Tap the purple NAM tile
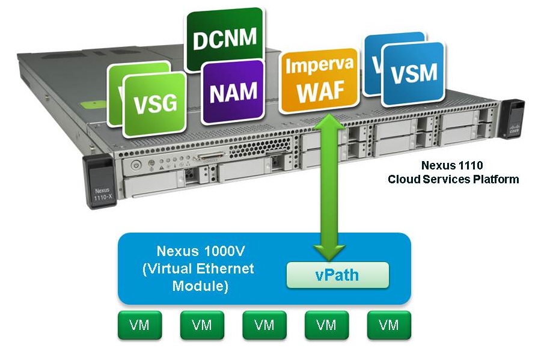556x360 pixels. [233, 91]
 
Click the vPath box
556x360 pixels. [337, 275]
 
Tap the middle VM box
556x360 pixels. [264, 325]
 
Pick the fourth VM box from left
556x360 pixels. [326, 325]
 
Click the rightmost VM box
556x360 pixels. [389, 325]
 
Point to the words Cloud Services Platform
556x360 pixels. [453, 179]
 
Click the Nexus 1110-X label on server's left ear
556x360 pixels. [99, 194]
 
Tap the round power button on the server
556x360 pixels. [136, 165]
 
